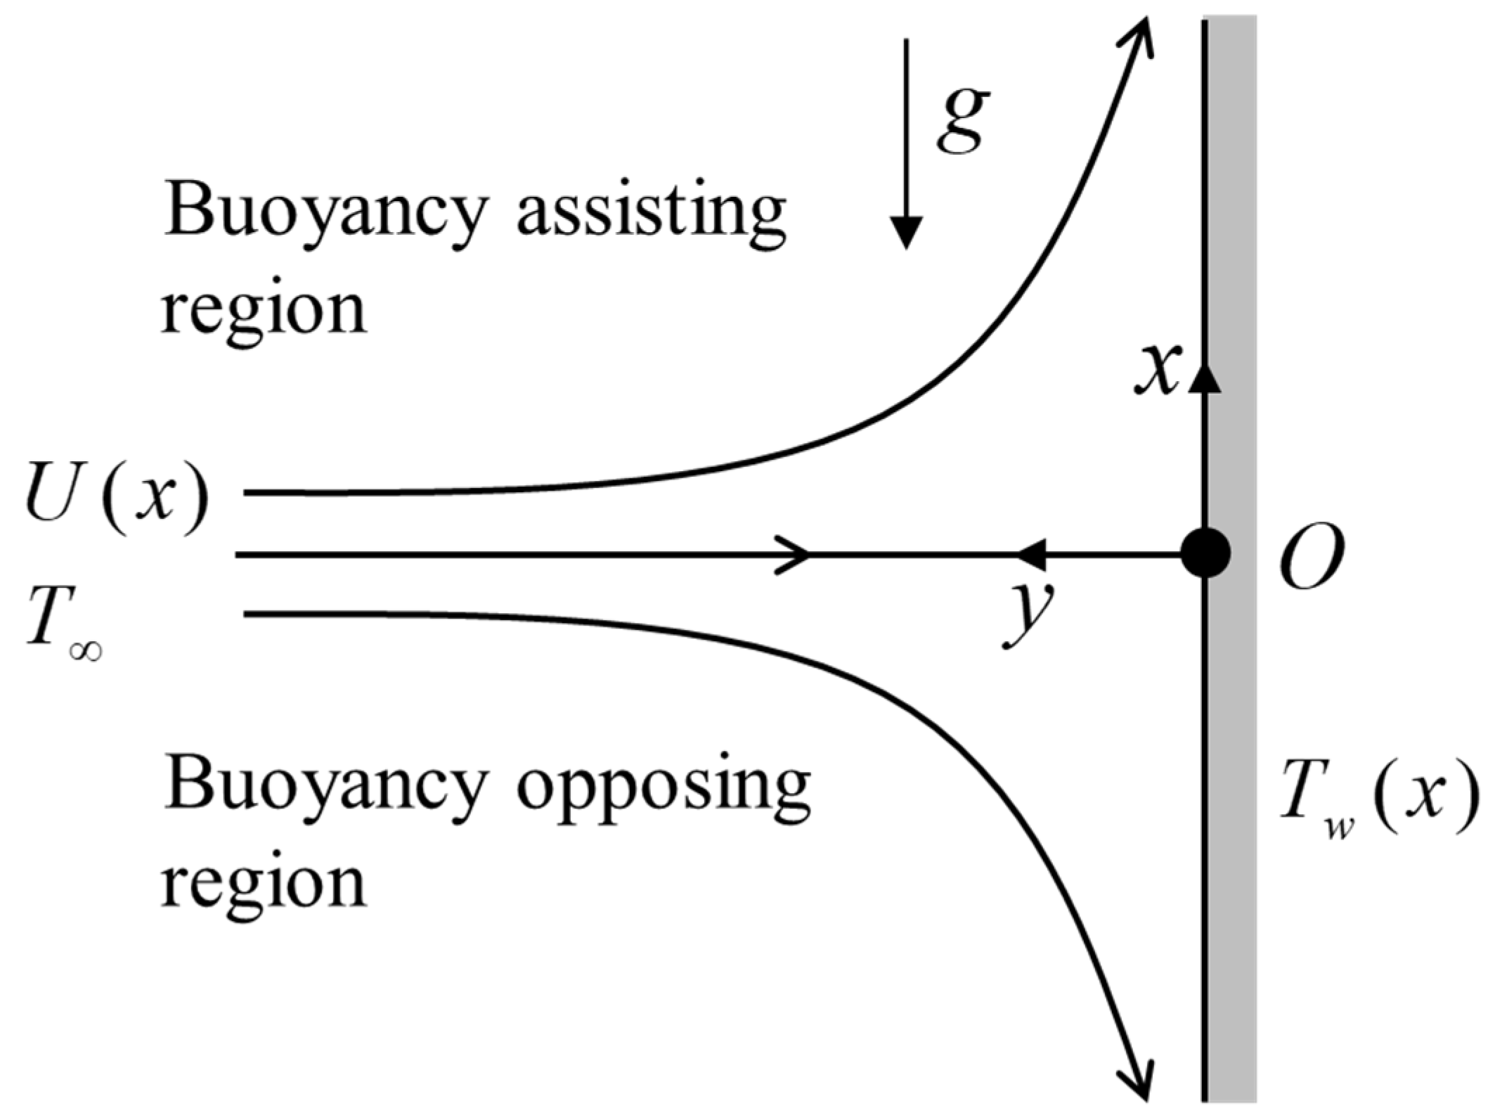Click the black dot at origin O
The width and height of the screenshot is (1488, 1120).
click(x=1205, y=553)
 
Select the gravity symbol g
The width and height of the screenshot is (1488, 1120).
click(x=963, y=121)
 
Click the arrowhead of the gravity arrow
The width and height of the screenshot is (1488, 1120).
click(x=907, y=232)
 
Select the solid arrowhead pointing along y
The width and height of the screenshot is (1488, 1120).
click(x=1032, y=554)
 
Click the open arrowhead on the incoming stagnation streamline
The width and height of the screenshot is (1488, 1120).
click(x=798, y=555)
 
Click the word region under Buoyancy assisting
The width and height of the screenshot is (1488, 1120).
click(x=264, y=309)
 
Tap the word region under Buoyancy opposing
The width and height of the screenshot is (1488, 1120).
click(x=264, y=882)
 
